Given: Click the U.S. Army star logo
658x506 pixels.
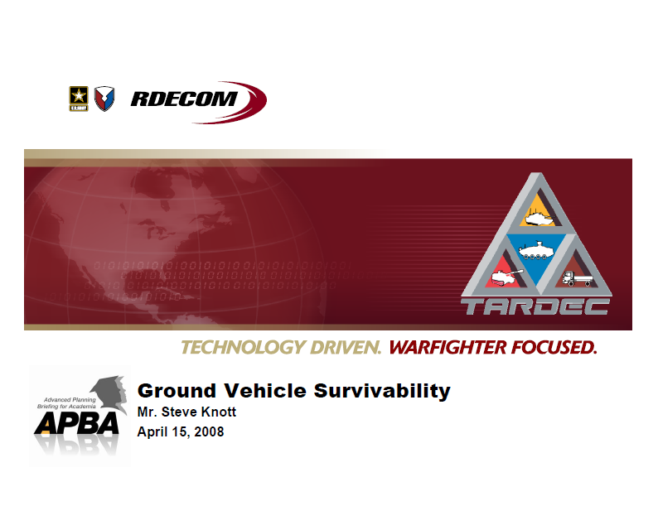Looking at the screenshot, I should (79, 99).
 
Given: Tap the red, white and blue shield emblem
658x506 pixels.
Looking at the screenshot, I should (104, 99).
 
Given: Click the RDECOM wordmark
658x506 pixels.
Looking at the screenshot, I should (183, 100).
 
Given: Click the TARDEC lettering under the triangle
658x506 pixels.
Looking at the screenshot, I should (535, 306).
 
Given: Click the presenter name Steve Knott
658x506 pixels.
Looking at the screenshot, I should (197, 412).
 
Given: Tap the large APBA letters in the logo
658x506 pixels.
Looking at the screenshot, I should (75, 422).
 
